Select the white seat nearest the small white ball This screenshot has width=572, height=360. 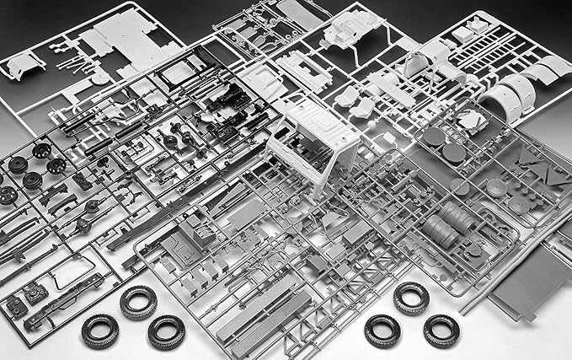[364, 106]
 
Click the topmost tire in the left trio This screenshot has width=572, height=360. [138, 302]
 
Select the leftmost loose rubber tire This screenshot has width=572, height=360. [99, 330]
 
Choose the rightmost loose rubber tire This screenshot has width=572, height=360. [441, 330]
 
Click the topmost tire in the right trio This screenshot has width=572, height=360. [411, 298]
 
